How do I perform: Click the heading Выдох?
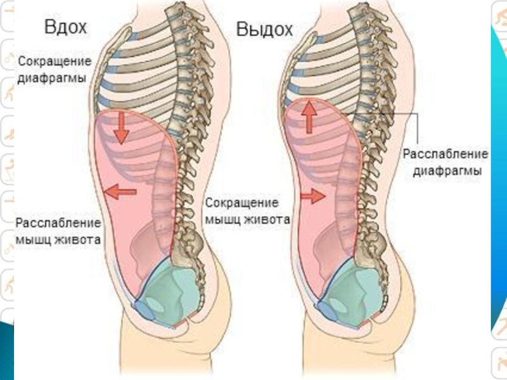(264, 29)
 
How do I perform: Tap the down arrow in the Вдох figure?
(120, 129)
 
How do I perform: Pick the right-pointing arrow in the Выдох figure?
(311, 196)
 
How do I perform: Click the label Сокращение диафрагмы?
(54, 70)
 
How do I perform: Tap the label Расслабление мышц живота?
(58, 232)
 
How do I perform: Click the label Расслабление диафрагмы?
(446, 163)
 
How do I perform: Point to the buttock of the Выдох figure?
(406, 298)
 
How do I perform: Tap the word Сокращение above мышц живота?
(241, 203)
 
